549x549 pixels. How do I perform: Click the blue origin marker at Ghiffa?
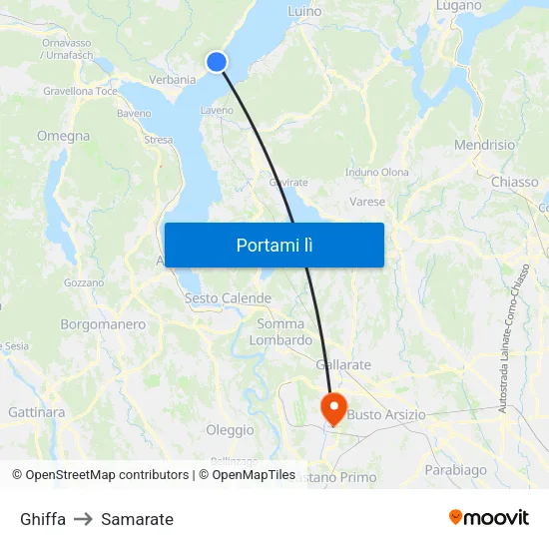click(217, 62)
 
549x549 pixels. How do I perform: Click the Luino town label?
click(304, 11)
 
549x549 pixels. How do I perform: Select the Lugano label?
click(459, 6)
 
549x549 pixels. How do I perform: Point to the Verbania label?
click(172, 79)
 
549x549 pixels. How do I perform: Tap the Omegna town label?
click(63, 136)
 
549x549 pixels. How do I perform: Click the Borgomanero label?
click(103, 324)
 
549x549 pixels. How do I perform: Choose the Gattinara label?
click(36, 411)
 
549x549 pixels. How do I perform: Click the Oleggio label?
click(230, 429)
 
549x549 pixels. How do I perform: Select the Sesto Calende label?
click(228, 298)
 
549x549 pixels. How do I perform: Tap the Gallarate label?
click(343, 365)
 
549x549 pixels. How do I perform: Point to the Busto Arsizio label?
click(386, 414)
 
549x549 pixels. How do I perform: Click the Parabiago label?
click(455, 469)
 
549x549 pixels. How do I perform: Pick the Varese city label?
click(367, 202)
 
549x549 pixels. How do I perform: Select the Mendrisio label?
click(484, 145)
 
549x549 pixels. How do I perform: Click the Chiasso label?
click(514, 182)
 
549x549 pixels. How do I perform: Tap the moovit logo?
click(488, 517)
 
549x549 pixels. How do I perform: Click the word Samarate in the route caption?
click(137, 519)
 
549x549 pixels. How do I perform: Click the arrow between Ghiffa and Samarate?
click(83, 519)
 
